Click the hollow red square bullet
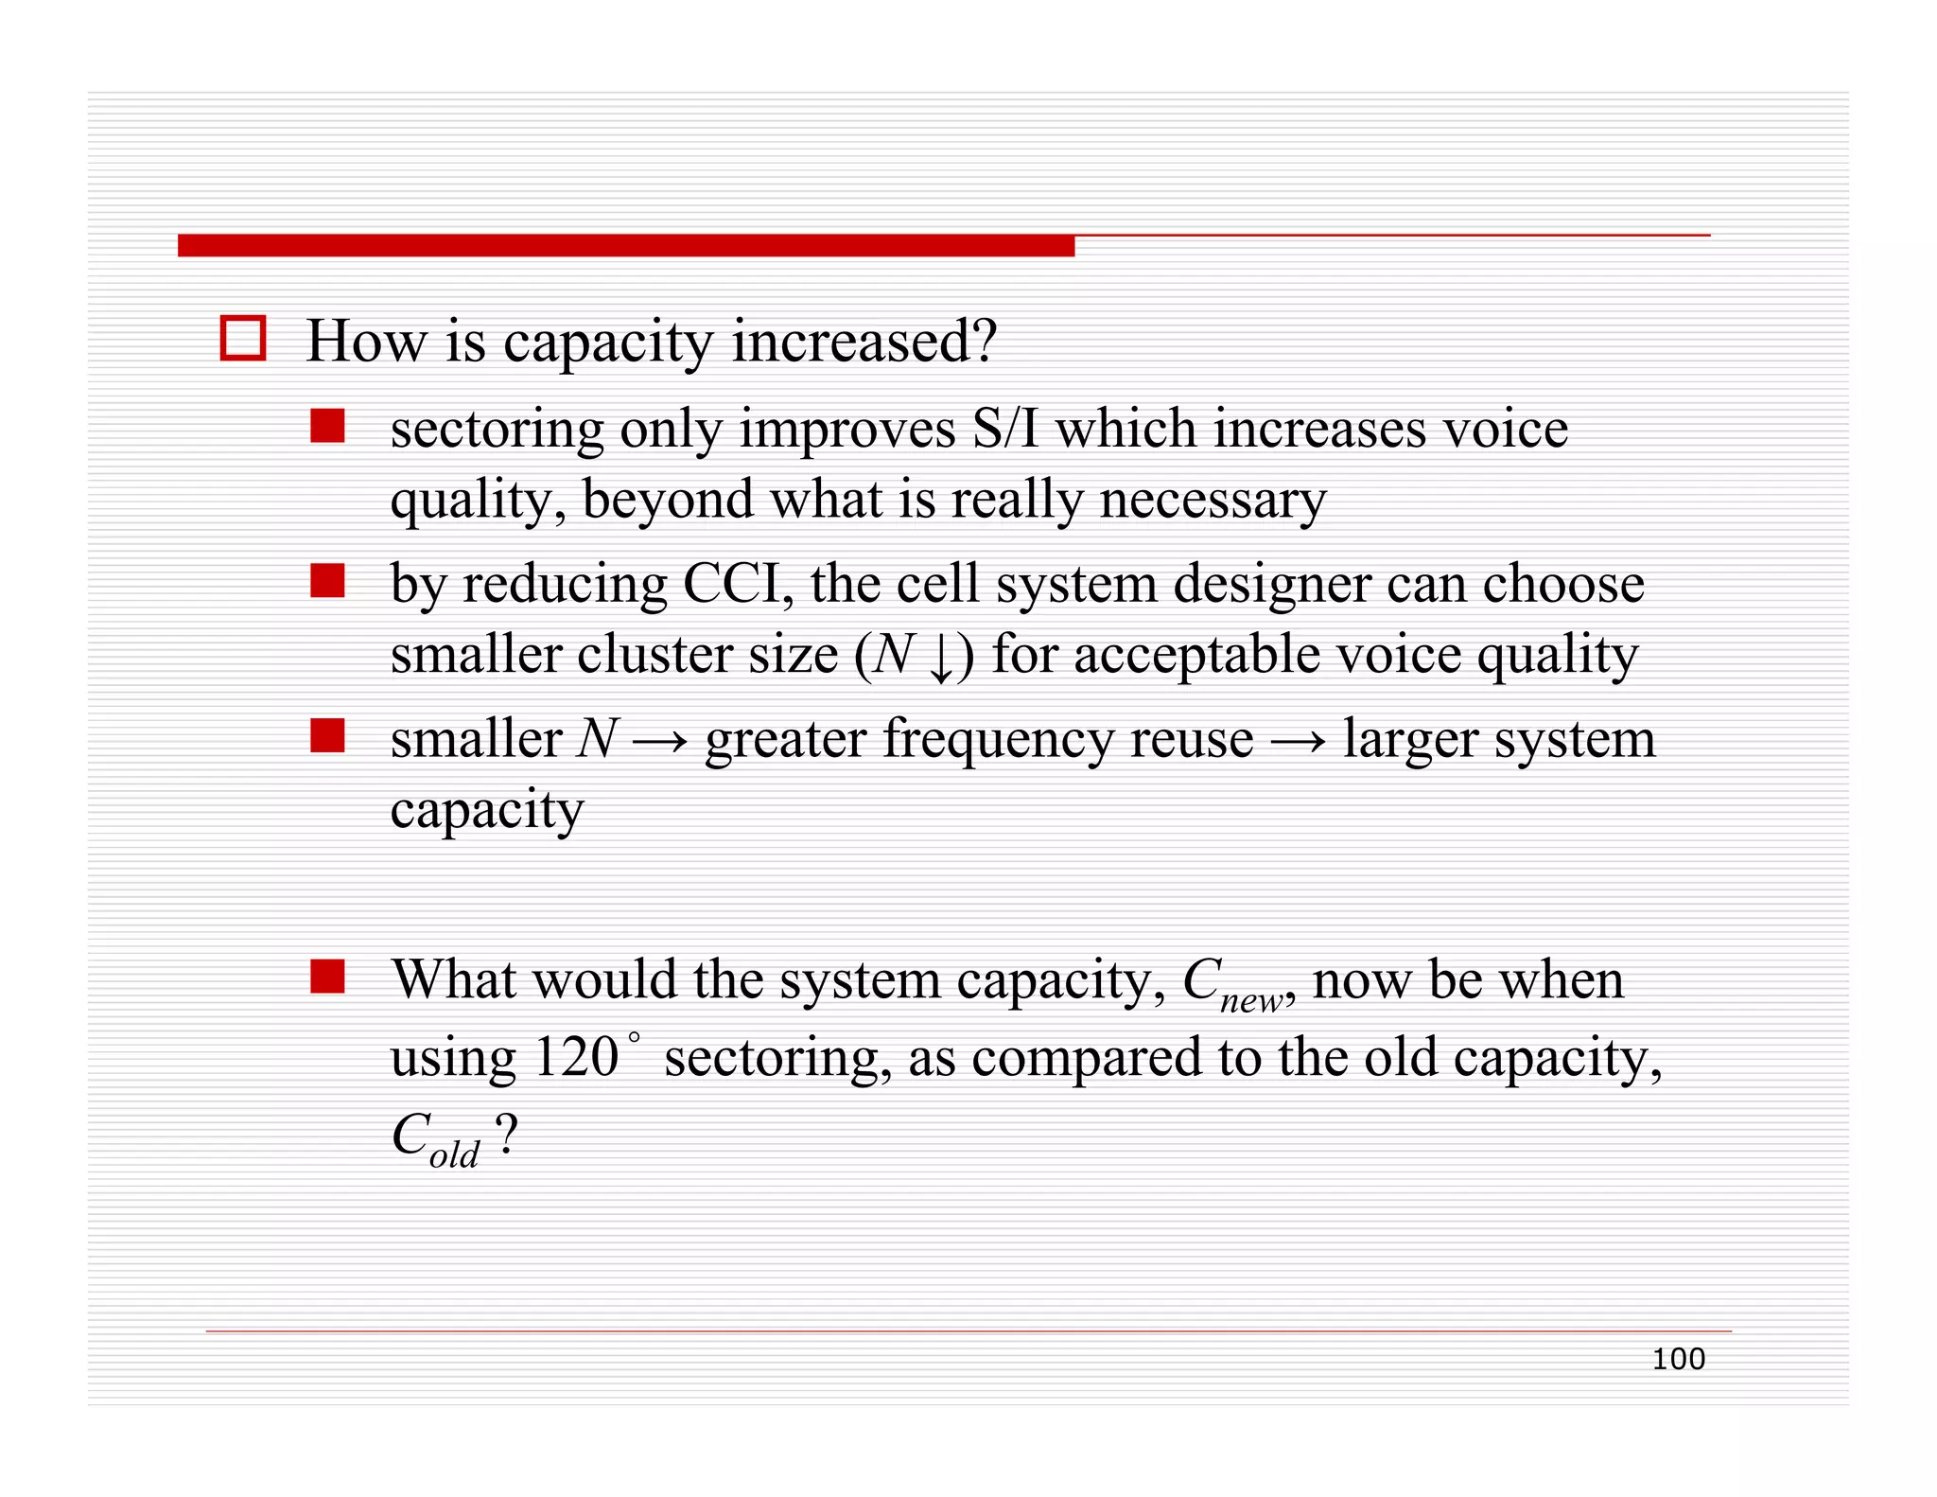[x=242, y=338]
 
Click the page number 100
[x=1678, y=1359]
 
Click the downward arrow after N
[x=941, y=657]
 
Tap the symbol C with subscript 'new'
[x=1235, y=984]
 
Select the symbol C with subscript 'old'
[x=435, y=1137]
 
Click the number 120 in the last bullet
[x=575, y=1057]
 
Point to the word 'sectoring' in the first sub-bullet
[x=497, y=429]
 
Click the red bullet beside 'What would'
[x=327, y=976]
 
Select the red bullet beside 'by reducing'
[x=327, y=580]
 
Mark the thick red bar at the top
[x=625, y=246]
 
